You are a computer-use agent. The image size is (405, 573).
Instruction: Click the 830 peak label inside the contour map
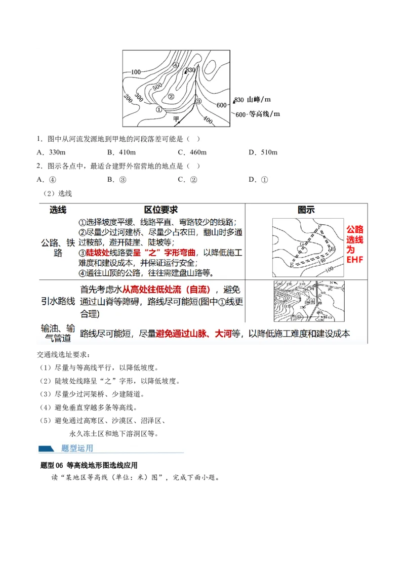pos(190,70)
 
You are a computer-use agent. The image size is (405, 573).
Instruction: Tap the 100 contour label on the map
pos(135,72)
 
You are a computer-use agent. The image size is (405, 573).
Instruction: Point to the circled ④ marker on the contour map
pos(175,65)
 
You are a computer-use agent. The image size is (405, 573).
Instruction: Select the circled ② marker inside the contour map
pos(171,97)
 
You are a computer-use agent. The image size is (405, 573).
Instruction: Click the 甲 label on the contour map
pos(176,119)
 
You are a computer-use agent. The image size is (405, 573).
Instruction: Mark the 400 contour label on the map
pos(208,119)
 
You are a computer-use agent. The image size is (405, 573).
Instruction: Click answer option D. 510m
pos(263,152)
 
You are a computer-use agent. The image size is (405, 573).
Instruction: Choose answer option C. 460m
pos(192,152)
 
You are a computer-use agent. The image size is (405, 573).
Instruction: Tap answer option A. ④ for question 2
pos(47,179)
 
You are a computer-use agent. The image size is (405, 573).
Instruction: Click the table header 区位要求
pos(161,210)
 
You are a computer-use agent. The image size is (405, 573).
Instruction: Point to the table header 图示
pos(306,210)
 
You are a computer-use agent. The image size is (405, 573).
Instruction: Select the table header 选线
pos(58,210)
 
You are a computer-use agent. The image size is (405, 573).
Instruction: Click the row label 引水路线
pos(58,301)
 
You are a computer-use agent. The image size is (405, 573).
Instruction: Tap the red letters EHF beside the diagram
pos(355,260)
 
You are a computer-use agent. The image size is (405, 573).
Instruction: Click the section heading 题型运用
pos(77,448)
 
